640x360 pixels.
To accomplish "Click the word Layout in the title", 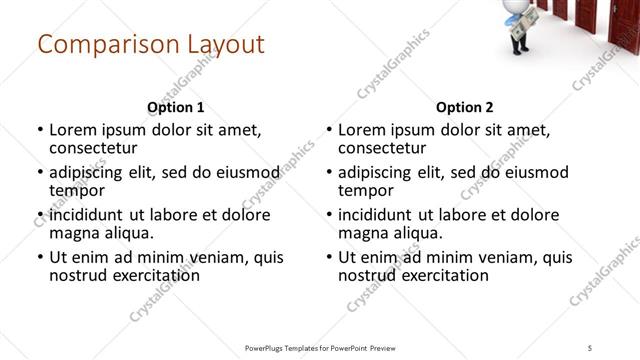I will tap(225, 45).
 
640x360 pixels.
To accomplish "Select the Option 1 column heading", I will tap(176, 106).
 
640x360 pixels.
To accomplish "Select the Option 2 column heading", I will tap(465, 106).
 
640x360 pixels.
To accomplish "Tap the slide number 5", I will tap(591, 348).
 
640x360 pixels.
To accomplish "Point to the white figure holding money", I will tap(523, 21).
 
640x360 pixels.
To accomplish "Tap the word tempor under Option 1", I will tap(77, 190).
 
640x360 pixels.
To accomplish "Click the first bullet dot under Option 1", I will tap(40, 130).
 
